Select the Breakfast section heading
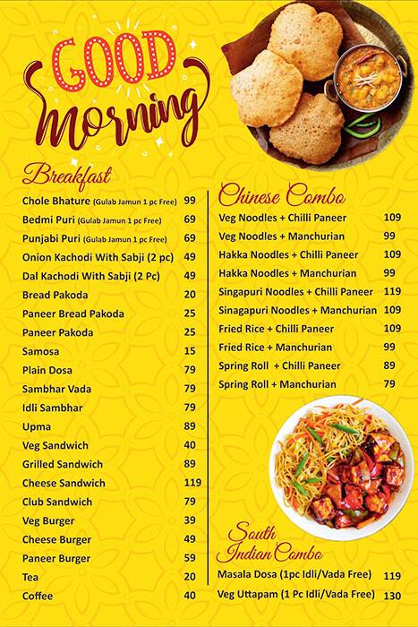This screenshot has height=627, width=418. click(67, 173)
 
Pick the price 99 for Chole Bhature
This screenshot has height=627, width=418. click(190, 201)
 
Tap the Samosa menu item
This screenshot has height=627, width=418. click(41, 351)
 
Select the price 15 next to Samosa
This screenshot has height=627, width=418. click(190, 351)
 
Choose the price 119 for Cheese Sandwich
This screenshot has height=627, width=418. click(192, 483)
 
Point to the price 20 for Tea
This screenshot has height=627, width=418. click(190, 577)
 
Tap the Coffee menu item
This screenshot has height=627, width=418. click(38, 596)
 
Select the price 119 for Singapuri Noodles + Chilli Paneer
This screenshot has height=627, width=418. click(392, 291)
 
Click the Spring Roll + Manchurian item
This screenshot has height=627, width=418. click(277, 384)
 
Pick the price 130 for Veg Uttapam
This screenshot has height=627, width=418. click(392, 595)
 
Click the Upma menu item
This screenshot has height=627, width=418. click(36, 426)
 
